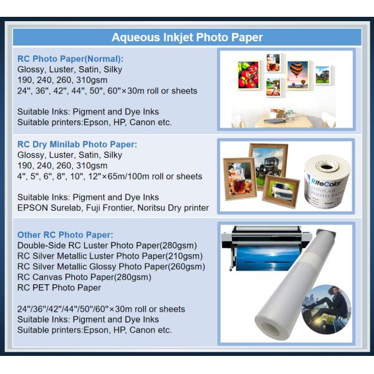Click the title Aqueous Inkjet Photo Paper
187,37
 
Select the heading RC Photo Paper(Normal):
70,59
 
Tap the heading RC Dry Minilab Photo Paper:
77,145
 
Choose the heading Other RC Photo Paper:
65,235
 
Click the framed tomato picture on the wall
248,75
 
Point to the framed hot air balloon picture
298,75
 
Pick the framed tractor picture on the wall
323,75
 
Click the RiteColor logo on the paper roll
325,183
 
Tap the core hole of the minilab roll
326,166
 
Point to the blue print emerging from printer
267,258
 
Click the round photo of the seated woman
326,309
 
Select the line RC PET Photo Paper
59,287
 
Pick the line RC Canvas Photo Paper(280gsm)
84,277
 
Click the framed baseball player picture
274,87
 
